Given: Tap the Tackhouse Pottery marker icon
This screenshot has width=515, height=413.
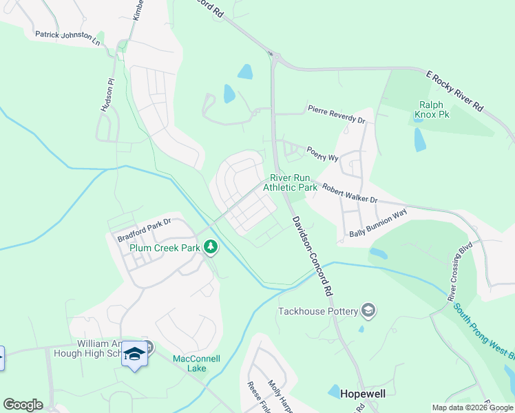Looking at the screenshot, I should pos(368,311).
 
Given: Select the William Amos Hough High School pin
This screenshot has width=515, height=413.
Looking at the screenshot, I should pos(134,354).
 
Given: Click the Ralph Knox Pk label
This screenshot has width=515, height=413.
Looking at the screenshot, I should pos(432,109).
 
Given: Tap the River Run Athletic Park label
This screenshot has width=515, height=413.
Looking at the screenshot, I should pos(290,182).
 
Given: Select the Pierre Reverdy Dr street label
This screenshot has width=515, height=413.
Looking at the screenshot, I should pos(337,114).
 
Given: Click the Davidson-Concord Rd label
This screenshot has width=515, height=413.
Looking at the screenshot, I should pos(313,254).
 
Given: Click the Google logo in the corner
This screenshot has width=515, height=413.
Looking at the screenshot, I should pos(23,405).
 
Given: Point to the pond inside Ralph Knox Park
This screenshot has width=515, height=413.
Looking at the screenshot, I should pos(419,140).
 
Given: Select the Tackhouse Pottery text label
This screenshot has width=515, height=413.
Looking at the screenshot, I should pos(317,311).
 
